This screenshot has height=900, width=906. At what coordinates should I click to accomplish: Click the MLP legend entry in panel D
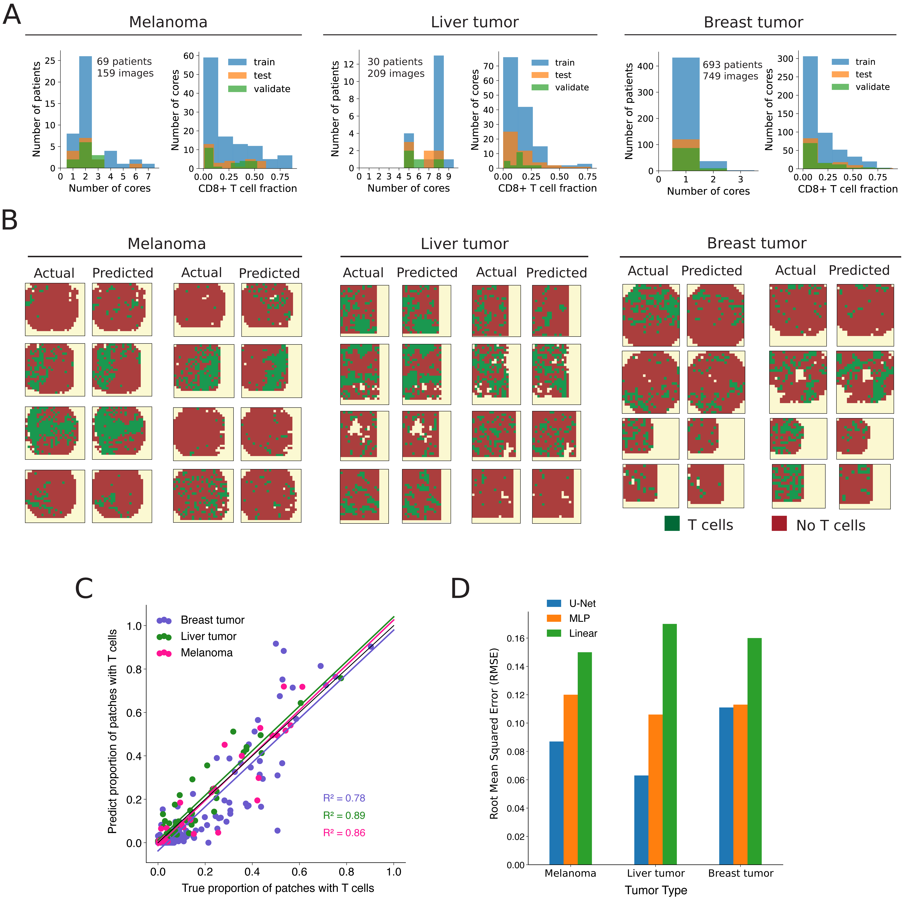pos(579,618)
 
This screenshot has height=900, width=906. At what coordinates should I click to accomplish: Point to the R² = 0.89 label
pos(344,815)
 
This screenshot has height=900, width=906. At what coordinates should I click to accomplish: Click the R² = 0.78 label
pos(344,798)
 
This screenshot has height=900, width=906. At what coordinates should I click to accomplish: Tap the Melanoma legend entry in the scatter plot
pos(206,653)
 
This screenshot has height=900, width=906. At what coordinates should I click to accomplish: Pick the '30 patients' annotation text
pos(395,62)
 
